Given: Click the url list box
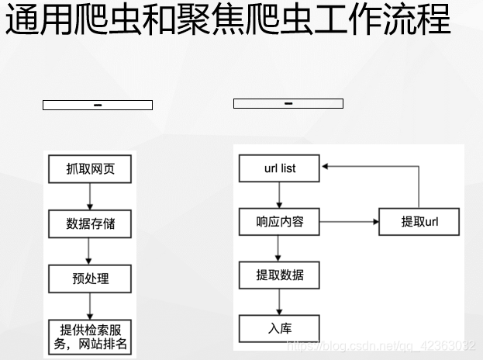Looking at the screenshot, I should [279, 168].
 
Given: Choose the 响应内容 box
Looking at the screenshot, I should [279, 223].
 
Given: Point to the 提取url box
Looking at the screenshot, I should [419, 222].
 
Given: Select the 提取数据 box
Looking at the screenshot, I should [279, 275].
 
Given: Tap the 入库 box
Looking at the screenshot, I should [279, 327].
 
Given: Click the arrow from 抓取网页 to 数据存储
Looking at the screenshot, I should [89, 196].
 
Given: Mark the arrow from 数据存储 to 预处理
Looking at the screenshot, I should [89, 251].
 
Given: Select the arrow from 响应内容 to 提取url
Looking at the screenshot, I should [349, 223].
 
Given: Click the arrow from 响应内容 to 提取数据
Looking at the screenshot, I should [279, 249].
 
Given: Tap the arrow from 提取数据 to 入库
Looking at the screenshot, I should [279, 302].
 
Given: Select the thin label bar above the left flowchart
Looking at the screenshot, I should [97, 105].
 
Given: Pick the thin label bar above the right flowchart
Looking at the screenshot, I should [288, 103].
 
